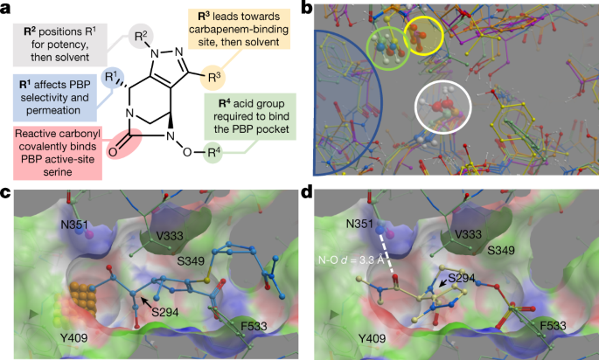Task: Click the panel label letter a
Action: (x=6, y=8)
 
